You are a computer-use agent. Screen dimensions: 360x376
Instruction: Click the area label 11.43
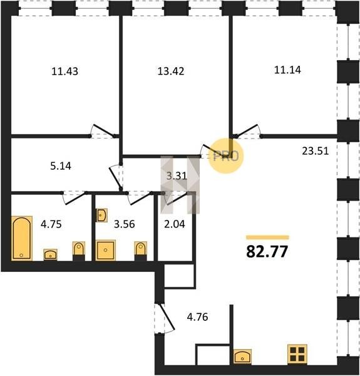click(64, 71)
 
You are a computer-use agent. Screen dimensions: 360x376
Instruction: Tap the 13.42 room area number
click(171, 71)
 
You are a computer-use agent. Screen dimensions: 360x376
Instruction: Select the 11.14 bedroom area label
click(287, 70)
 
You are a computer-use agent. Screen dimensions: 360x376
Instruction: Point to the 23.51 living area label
click(315, 151)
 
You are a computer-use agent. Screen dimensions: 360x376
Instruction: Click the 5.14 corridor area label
click(61, 166)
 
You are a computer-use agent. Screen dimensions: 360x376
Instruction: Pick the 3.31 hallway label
click(177, 175)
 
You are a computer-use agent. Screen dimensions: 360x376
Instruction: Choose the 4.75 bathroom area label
click(51, 224)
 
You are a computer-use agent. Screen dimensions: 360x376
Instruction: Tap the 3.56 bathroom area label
click(125, 224)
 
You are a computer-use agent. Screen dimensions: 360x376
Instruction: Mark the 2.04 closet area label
click(175, 224)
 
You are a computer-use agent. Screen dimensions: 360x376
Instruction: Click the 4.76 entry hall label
click(197, 317)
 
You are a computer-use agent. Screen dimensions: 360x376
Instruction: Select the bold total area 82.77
click(267, 251)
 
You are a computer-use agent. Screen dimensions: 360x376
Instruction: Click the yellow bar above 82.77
click(267, 238)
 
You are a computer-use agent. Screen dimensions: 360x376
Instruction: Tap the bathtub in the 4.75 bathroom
click(22, 238)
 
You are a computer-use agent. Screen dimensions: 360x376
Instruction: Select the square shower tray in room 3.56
click(106, 250)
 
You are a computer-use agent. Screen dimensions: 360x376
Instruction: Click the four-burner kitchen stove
click(297, 355)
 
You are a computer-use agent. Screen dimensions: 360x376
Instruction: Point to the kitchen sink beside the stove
click(242, 357)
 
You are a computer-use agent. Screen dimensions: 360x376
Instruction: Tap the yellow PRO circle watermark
click(226, 156)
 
